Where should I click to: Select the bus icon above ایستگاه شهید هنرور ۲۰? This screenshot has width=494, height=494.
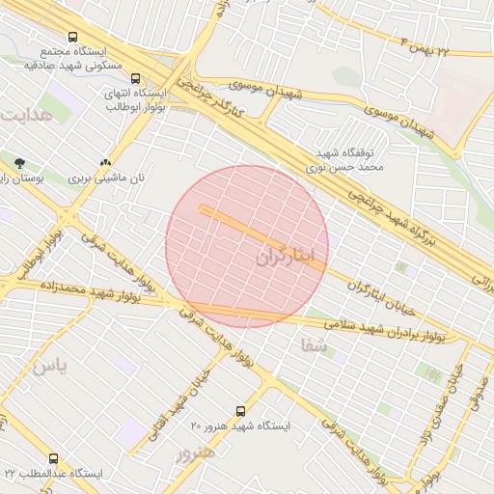click(241, 411)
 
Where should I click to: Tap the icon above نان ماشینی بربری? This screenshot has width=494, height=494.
click(105, 163)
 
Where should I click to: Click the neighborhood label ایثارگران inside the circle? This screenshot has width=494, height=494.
click(288, 257)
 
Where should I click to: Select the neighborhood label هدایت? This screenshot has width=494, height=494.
click(24, 116)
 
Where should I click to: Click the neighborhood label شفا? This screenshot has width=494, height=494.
click(315, 343)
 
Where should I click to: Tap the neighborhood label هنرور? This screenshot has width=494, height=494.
click(194, 452)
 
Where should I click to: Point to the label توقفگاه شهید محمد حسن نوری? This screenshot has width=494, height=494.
click(351, 160)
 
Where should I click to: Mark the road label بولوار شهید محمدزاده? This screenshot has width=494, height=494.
click(91, 289)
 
